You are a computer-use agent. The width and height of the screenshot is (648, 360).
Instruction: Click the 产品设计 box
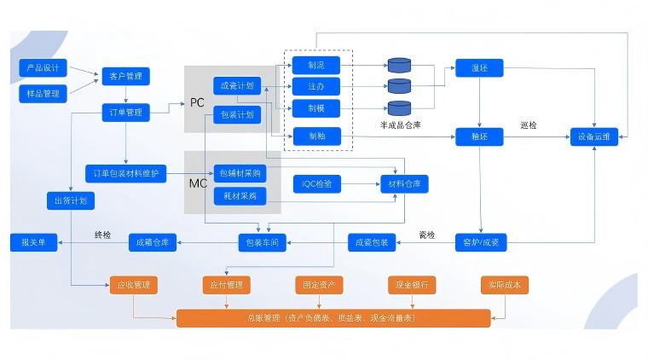pos(43,67)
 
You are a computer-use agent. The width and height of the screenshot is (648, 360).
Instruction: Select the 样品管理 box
pos(43,92)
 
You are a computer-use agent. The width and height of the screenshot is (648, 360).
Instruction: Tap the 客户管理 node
pos(126,77)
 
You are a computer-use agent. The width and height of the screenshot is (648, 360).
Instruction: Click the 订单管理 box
pos(126,112)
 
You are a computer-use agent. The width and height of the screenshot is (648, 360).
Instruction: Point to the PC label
pos(197,102)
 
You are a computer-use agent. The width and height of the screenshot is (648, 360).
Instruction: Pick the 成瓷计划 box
pos(236,86)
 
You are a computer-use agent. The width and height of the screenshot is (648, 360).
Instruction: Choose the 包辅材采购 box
pos(240,172)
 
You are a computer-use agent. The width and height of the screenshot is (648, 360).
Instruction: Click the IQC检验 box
pos(316,183)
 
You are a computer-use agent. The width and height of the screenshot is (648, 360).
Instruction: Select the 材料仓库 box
pos(404,183)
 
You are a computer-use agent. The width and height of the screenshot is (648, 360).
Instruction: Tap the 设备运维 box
pos(594,135)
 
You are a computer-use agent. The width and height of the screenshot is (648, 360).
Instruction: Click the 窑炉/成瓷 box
pos(480,243)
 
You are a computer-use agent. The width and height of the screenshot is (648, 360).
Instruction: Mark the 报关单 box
pos(34,243)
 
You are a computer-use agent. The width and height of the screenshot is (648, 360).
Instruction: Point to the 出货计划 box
pos(70,201)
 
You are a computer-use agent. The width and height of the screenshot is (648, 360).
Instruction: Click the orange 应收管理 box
pos(133,285)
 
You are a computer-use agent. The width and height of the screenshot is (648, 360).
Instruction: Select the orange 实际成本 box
pos(505,285)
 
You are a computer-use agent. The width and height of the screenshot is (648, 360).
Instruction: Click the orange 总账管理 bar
pos(333,318)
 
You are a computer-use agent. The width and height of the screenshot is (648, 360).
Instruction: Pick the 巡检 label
pos(529,125)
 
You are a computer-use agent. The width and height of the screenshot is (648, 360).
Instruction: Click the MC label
pos(197,183)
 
